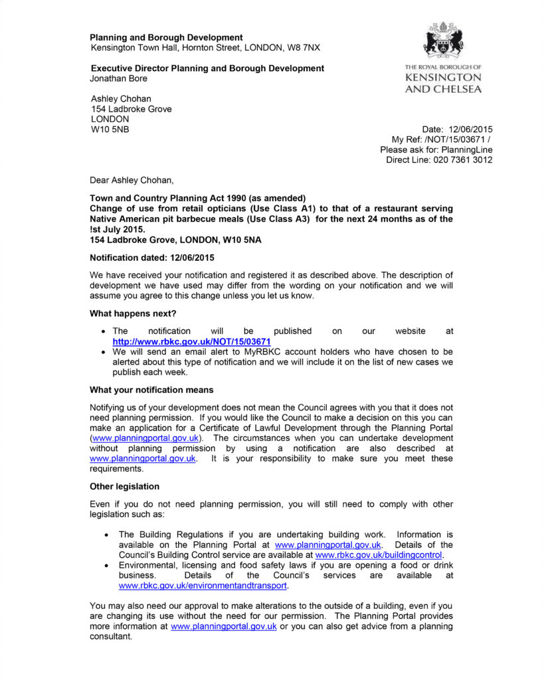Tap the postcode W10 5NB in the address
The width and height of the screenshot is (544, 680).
[110, 129]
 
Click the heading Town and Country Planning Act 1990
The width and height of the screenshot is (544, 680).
[197, 198]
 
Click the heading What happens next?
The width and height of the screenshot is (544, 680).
[133, 313]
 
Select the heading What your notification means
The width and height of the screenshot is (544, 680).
[151, 390]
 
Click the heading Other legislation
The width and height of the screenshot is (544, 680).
[124, 487]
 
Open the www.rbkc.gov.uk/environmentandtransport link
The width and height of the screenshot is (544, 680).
[203, 586]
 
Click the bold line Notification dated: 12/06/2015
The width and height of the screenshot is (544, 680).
[151, 257]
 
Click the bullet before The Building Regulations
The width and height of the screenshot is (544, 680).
[107, 535]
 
